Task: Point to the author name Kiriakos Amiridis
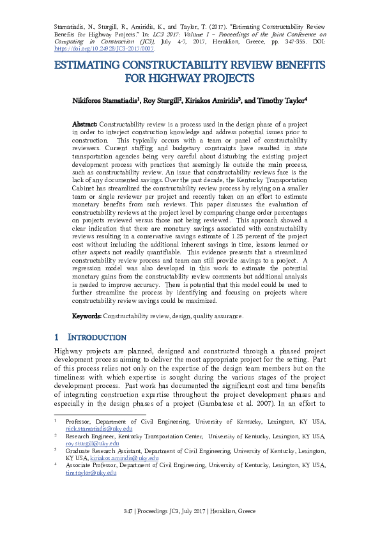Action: click(x=212, y=100)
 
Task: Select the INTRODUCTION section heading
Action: click(x=98, y=337)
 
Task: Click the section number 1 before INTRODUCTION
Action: click(x=57, y=337)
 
